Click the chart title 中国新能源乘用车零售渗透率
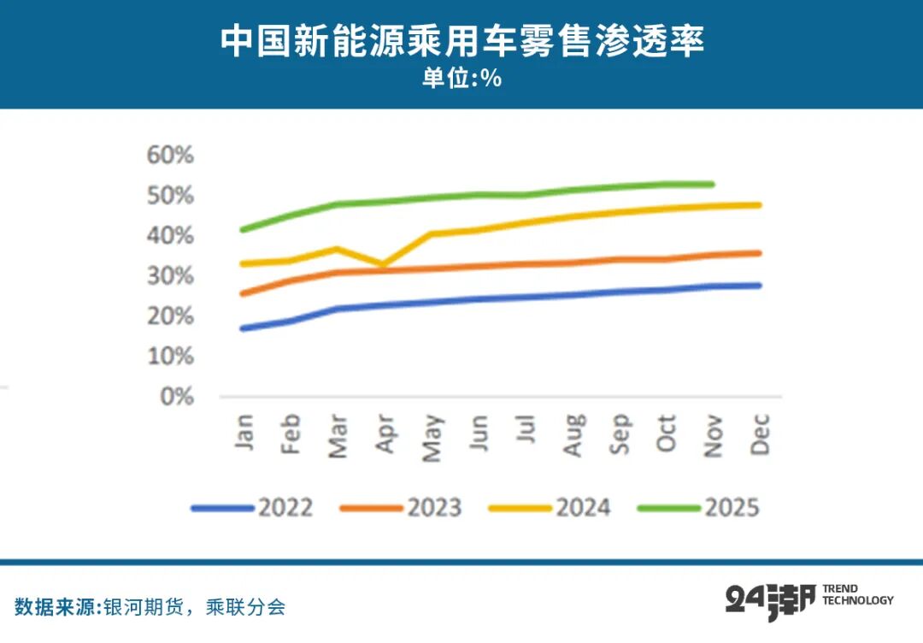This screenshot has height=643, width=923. [x=461, y=41]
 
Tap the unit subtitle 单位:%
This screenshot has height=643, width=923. [x=461, y=79]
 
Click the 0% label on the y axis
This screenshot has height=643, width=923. [x=177, y=397]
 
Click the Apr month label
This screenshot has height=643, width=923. [x=386, y=434]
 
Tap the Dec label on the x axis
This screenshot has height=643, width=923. [x=760, y=434]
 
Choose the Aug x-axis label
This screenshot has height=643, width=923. [x=574, y=434]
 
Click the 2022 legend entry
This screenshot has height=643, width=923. [x=252, y=508]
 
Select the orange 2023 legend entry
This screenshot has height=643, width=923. [x=401, y=508]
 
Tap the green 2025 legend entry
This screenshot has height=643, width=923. [x=698, y=508]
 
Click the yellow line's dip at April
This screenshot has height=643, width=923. [x=382, y=265]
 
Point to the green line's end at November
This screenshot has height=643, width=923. [x=712, y=184]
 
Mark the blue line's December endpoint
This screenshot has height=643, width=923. [x=759, y=286]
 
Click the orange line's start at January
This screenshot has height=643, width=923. [x=243, y=294]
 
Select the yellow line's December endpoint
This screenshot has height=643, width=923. [x=759, y=205]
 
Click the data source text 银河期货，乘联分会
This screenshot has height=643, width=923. [x=194, y=607]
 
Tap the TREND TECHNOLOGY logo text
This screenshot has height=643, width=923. [x=857, y=594]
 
